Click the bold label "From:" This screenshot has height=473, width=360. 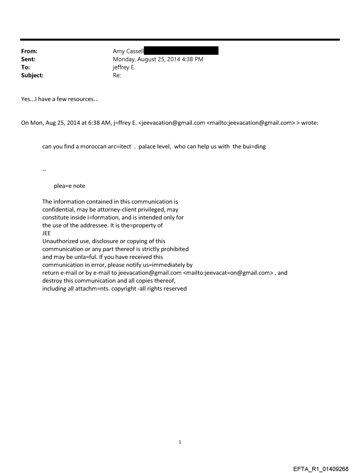(x=29, y=52)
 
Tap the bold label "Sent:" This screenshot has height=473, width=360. (x=28, y=60)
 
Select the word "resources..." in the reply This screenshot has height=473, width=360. (x=84, y=99)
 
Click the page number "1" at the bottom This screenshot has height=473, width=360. (x=180, y=442)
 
